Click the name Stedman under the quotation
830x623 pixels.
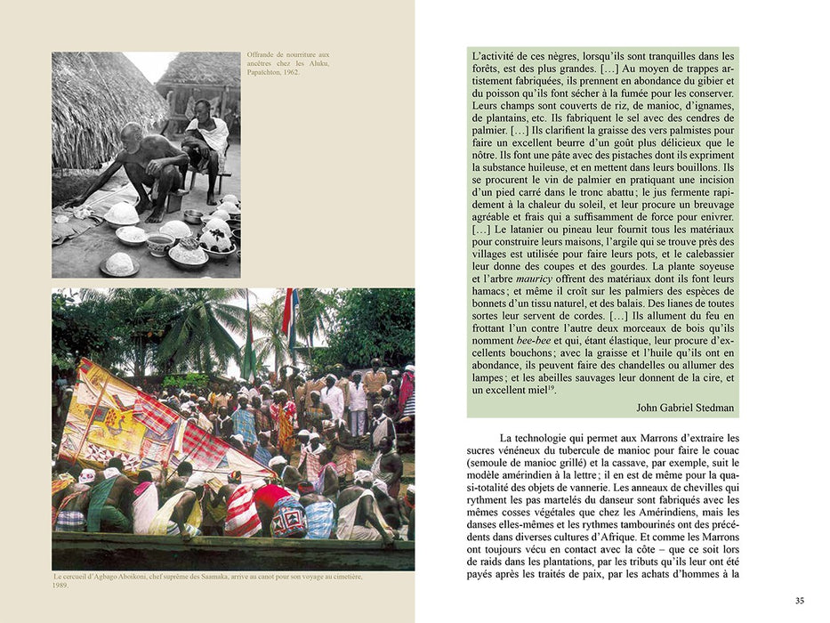coord(709,407)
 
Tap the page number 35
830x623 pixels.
coord(800,601)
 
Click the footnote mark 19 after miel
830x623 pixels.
coord(552,388)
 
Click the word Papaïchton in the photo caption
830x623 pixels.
coord(264,73)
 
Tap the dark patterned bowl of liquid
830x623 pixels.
coord(160,243)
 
